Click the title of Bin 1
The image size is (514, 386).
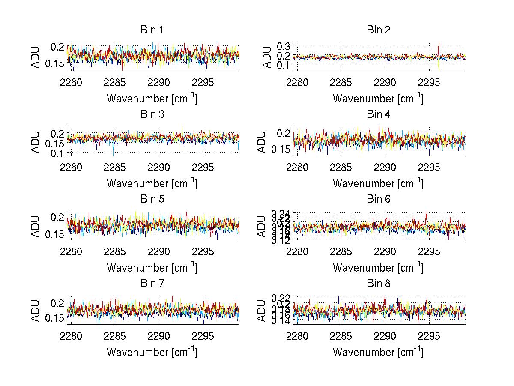(x=152, y=30)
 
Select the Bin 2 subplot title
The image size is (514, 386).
(x=378, y=30)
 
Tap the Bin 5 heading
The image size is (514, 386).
(x=152, y=199)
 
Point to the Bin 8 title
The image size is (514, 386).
(x=378, y=284)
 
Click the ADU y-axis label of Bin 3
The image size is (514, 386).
(x=36, y=141)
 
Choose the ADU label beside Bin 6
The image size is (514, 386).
(x=262, y=226)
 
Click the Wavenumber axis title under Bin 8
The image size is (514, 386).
(x=378, y=352)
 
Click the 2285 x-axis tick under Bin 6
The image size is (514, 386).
(x=341, y=251)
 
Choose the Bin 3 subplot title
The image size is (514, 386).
(x=152, y=114)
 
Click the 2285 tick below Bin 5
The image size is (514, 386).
(x=115, y=251)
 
